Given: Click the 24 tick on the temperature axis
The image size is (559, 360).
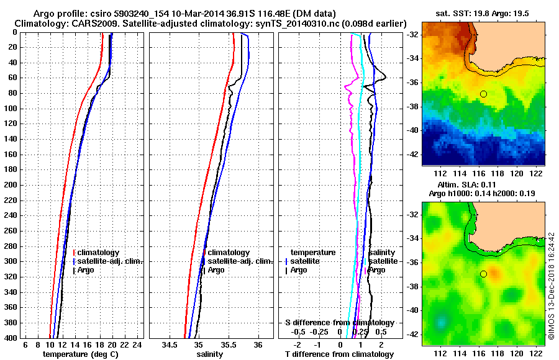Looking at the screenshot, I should pos(138,344).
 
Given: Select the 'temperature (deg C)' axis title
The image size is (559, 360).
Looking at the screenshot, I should pos(80,354).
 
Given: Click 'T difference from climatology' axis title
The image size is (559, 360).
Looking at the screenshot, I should pos(340,354).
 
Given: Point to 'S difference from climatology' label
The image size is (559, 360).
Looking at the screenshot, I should pos(339,323).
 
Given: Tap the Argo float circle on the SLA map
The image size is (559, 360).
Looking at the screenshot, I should pos(483,274).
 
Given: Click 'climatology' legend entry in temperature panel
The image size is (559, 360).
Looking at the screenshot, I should pos(99,253).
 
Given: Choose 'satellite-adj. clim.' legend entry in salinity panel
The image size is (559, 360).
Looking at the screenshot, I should pos(239,261).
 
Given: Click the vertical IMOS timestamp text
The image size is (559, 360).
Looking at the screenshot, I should pos(551,287).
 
